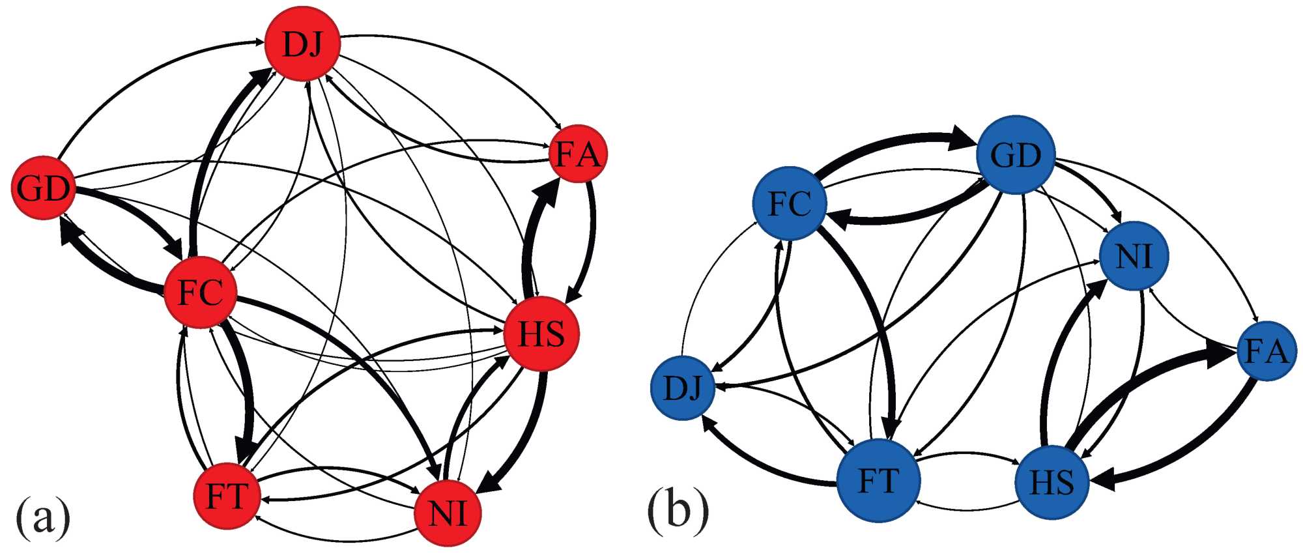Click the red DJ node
(303, 44)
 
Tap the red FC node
(200, 293)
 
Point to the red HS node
(541, 334)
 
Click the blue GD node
(1016, 155)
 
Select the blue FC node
(790, 203)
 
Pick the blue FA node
(1266, 352)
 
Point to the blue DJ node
(683, 388)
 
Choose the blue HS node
(1052, 482)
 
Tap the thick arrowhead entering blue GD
(962, 139)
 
